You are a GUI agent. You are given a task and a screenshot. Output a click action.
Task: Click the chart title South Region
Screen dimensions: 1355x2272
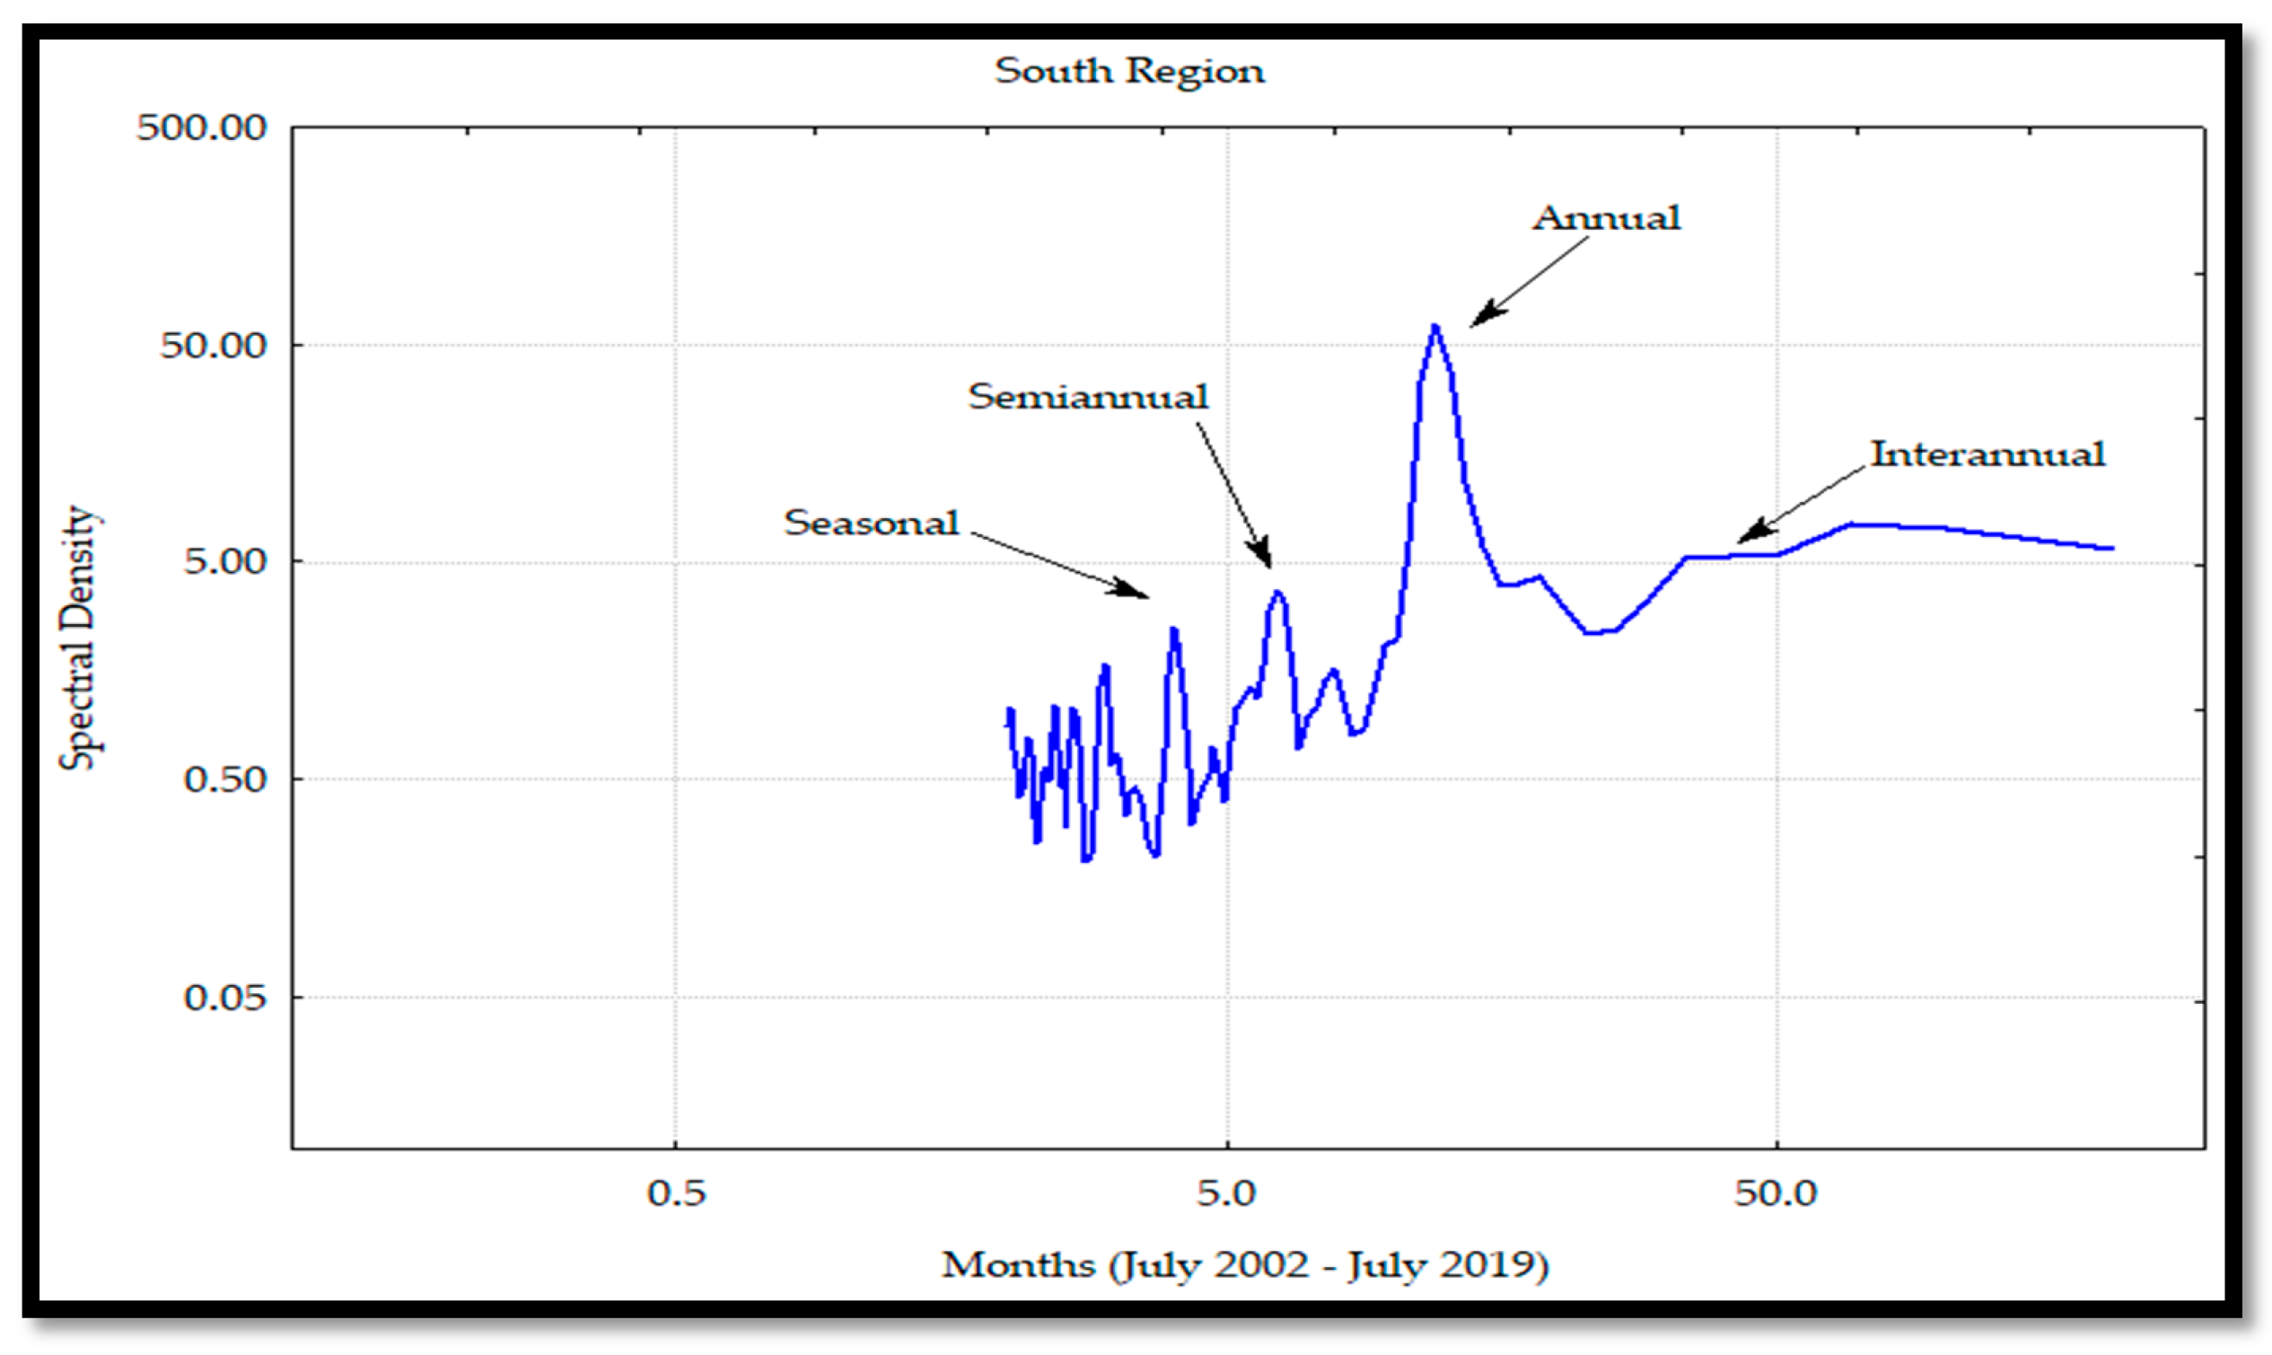[1129, 71]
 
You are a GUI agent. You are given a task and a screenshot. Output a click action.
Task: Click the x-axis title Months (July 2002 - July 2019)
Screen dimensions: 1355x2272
[1245, 1264]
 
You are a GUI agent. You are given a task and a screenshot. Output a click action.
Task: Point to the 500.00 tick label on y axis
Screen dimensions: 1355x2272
[202, 128]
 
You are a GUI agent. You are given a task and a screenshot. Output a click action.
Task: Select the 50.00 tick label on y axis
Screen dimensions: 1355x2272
[213, 345]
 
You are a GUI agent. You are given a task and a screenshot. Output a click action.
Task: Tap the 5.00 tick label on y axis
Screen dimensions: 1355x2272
[224, 561]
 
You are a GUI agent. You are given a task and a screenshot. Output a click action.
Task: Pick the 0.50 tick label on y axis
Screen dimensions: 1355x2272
[224, 779]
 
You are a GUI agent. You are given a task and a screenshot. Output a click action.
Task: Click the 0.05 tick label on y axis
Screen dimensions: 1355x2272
[224, 997]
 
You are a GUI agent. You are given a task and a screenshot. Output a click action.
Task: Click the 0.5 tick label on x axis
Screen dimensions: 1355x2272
[675, 1193]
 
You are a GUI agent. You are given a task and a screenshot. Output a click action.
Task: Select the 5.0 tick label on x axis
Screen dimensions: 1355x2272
[1227, 1193]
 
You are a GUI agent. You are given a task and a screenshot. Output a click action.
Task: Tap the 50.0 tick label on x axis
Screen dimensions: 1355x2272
[1776, 1193]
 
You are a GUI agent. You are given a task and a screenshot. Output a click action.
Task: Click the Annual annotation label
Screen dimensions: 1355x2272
[1606, 218]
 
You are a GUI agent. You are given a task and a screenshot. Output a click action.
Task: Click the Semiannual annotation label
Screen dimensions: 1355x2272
[1088, 397]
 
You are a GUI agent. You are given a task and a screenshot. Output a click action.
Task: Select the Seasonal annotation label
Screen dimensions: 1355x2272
[871, 524]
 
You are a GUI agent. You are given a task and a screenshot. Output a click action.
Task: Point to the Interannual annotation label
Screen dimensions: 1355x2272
[1987, 454]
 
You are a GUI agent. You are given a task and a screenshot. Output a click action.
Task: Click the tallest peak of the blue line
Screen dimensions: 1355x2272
[1435, 326]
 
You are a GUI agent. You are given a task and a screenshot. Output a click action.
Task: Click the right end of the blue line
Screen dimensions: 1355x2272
[2112, 549]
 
